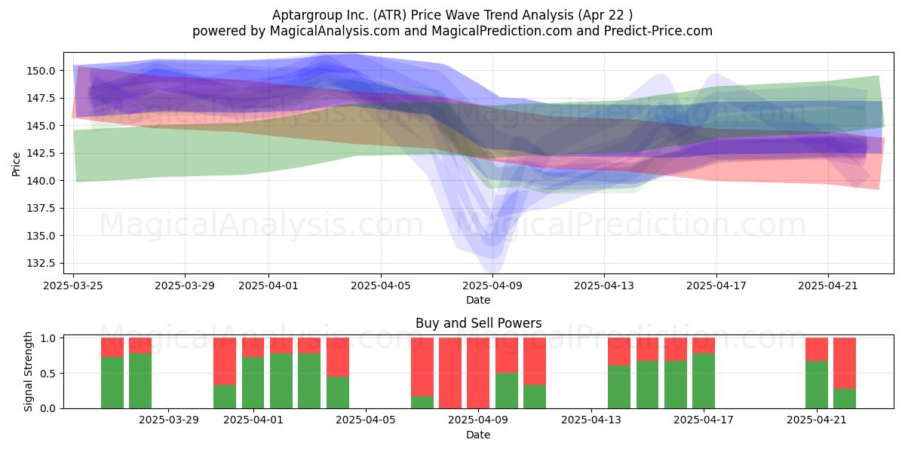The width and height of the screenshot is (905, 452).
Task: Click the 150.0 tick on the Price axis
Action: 41,71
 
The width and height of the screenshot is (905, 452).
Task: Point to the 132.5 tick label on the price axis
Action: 41,264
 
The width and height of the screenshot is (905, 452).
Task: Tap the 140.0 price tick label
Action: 41,181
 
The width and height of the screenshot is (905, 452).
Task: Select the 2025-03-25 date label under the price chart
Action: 73,286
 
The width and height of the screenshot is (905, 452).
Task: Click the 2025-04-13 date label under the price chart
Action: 604,286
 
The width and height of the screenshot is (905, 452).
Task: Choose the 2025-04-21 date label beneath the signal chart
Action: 817,420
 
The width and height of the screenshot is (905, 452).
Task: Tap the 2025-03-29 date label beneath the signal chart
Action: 169,420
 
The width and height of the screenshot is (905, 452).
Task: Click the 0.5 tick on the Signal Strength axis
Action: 48,374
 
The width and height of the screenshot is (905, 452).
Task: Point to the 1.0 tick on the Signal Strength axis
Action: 48,338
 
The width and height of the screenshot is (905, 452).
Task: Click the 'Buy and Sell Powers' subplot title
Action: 478,323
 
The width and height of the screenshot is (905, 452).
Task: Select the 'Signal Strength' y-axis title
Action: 28,371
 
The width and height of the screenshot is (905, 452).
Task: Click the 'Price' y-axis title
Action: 16,164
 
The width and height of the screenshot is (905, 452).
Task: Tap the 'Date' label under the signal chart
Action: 478,435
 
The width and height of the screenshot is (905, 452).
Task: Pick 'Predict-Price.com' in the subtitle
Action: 658,31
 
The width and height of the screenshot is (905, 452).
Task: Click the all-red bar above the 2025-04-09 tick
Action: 478,373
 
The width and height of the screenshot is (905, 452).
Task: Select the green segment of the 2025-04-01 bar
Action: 253,383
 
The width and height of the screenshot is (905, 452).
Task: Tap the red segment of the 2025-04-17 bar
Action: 704,346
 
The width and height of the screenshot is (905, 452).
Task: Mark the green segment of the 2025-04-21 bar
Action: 817,385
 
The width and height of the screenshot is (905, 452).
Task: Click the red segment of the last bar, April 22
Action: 845,363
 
